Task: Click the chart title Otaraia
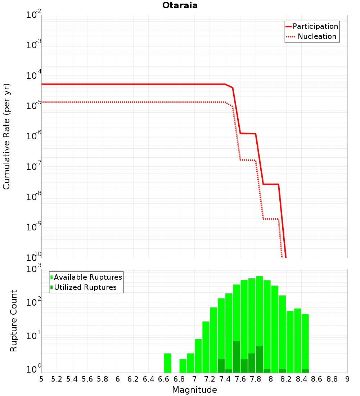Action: (180, 5)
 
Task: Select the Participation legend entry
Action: (312, 26)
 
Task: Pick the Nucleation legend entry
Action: (311, 36)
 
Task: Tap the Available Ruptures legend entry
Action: (86, 277)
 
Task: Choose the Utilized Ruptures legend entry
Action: (84, 287)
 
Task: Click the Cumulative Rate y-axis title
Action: (6, 136)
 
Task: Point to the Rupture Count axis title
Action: (13, 321)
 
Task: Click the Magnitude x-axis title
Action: (194, 390)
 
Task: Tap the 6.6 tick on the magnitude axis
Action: (163, 379)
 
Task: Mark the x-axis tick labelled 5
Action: (41, 379)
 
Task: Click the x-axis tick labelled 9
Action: (347, 379)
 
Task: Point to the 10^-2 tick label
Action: (33, 14)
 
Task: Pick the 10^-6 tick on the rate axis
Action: (33, 136)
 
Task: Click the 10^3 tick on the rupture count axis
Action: (33, 269)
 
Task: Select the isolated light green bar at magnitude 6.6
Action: (167, 363)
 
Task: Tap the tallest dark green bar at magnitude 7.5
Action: (237, 357)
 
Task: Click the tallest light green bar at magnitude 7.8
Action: (260, 324)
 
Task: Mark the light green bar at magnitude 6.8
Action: (183, 366)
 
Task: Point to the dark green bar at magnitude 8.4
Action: (305, 371)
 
